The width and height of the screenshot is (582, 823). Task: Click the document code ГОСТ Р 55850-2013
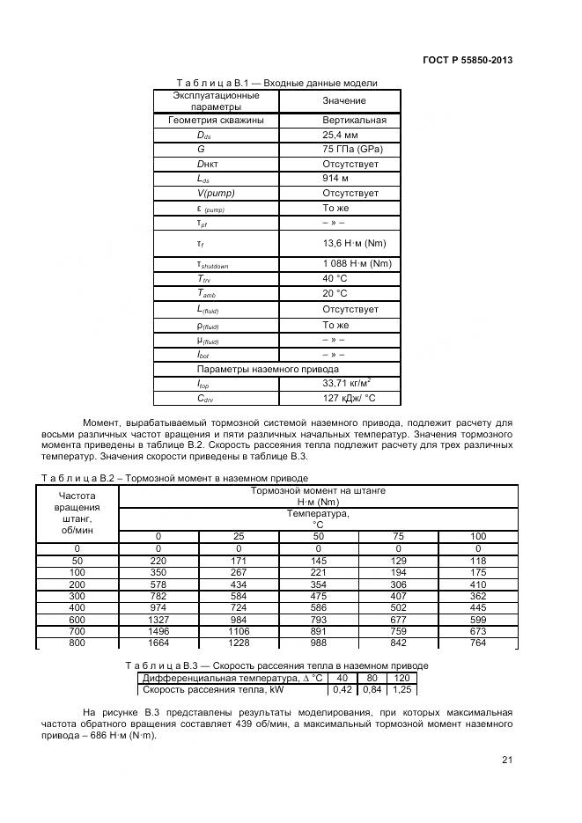coord(467,61)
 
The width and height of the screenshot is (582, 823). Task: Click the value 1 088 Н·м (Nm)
coord(357,264)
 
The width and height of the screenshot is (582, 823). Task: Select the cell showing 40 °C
coord(335,279)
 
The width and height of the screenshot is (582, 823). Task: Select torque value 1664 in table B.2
coord(158,643)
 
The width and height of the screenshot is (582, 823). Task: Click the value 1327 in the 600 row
coord(158,620)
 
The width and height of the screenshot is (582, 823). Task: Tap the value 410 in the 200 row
coord(478,584)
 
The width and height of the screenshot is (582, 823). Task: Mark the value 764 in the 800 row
coord(478,643)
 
